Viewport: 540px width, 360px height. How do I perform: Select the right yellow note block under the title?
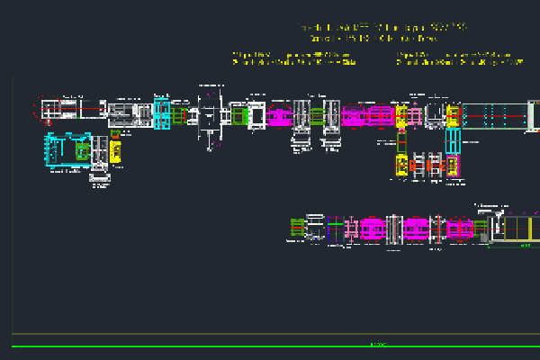pyautogui.click(x=458, y=59)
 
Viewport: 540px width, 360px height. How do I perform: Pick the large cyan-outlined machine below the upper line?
pyautogui.click(x=68, y=150)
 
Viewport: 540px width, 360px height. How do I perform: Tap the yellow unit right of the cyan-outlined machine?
pyautogui.click(x=115, y=150)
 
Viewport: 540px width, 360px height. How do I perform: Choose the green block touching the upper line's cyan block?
pyautogui.click(x=179, y=115)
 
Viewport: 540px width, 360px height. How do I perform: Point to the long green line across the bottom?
pyautogui.click(x=270, y=346)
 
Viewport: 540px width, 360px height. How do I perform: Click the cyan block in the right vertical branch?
pyautogui.click(x=453, y=141)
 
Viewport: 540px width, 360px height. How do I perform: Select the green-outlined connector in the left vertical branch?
pyautogui.click(x=402, y=140)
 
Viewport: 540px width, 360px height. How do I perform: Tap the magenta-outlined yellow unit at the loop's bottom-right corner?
pyautogui.click(x=452, y=165)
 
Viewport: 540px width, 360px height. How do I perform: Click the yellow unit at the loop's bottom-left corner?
pyautogui.click(x=401, y=165)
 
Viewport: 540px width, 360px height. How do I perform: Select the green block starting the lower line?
pyautogui.click(x=298, y=229)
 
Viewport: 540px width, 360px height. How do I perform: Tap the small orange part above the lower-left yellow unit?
pyautogui.click(x=115, y=133)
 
